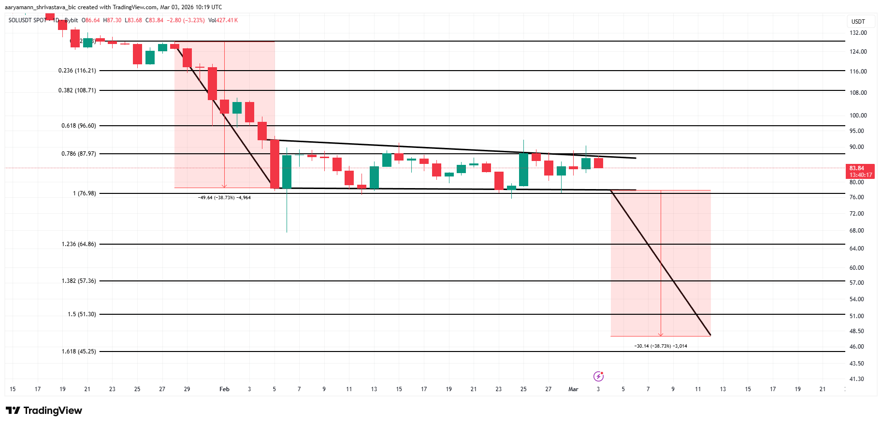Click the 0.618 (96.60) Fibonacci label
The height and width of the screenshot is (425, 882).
pyautogui.click(x=79, y=126)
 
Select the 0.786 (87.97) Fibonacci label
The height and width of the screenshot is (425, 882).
pyautogui.click(x=79, y=154)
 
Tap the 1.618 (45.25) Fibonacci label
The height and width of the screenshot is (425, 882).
pyautogui.click(x=79, y=352)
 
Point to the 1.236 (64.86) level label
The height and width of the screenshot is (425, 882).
pyautogui.click(x=79, y=244)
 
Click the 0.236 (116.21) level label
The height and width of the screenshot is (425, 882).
pyautogui.click(x=77, y=71)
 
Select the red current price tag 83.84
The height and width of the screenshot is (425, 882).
pyautogui.click(x=860, y=171)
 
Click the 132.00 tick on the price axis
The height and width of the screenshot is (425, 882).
pyautogui.click(x=858, y=33)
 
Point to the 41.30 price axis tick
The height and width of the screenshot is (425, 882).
pyautogui.click(x=857, y=379)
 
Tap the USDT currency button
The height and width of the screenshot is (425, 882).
pyautogui.click(x=858, y=22)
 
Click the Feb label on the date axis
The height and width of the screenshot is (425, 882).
pyautogui.click(x=224, y=389)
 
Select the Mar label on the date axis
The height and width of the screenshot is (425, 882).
pyautogui.click(x=573, y=389)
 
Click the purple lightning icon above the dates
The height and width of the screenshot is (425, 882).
pyautogui.click(x=598, y=376)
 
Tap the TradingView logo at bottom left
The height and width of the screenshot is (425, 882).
pyautogui.click(x=44, y=410)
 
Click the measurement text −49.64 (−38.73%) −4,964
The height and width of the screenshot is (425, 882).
pyautogui.click(x=224, y=198)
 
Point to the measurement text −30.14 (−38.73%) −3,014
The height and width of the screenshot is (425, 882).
pyautogui.click(x=661, y=346)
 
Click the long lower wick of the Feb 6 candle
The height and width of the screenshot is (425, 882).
pyautogui.click(x=287, y=213)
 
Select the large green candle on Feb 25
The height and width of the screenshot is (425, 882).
pyautogui.click(x=523, y=169)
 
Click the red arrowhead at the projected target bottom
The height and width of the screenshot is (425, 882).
pyautogui.click(x=661, y=334)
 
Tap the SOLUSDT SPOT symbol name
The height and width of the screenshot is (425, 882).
pyautogui.click(x=27, y=20)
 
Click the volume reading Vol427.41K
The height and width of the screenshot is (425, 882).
pyautogui.click(x=223, y=20)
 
